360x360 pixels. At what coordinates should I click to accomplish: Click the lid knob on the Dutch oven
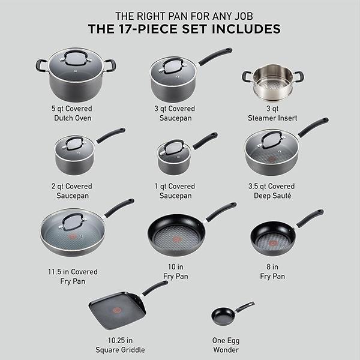click(75, 59)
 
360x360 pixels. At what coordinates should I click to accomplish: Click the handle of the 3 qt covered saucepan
click(215, 57)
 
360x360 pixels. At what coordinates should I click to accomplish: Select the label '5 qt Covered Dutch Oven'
click(75, 113)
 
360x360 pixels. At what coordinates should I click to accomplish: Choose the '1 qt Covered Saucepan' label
click(175, 191)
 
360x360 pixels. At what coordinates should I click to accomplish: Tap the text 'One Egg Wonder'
click(226, 346)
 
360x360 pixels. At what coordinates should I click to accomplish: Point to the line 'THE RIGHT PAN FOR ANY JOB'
click(180, 15)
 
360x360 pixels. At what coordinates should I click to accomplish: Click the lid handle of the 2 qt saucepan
click(74, 143)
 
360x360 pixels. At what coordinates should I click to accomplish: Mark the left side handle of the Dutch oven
click(41, 65)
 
